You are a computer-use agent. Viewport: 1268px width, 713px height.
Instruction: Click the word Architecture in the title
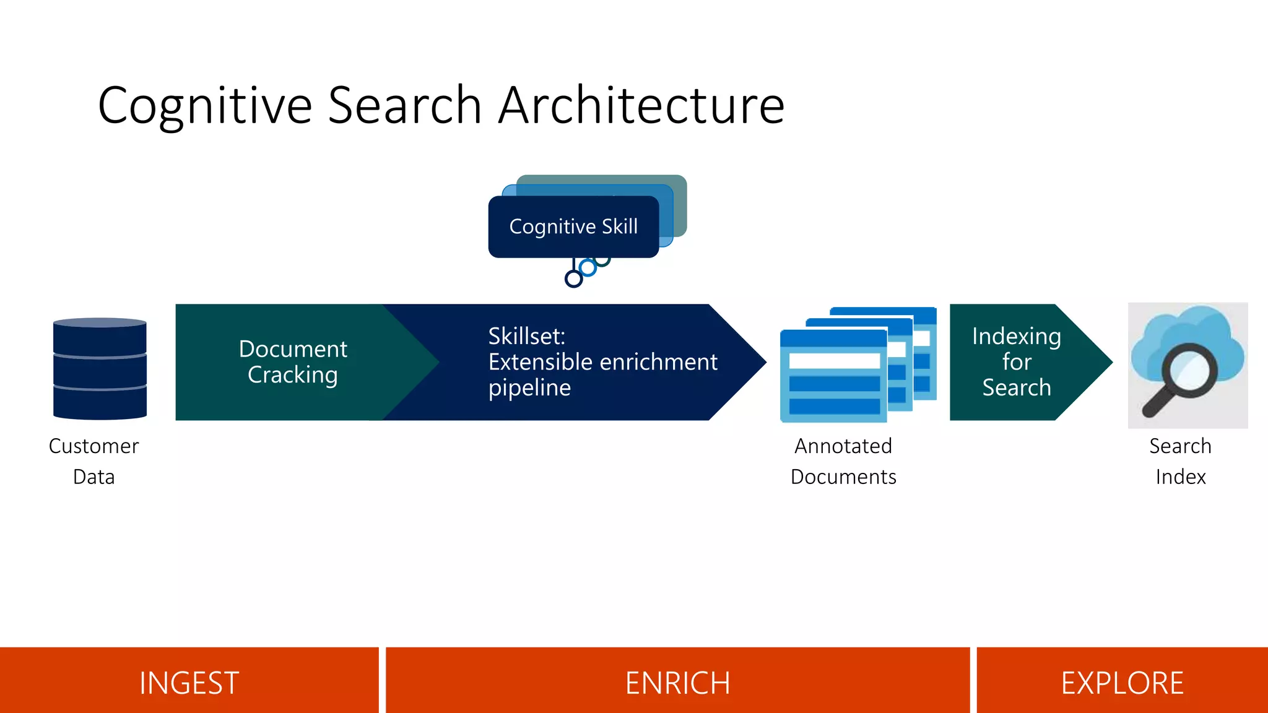point(641,105)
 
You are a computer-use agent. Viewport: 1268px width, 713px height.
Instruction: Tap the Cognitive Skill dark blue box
point(573,227)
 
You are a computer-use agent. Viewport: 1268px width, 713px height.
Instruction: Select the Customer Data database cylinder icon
point(100,369)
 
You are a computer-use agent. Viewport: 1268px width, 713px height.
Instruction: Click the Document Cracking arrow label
point(293,362)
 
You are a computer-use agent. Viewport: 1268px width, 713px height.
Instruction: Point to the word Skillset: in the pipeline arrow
point(527,336)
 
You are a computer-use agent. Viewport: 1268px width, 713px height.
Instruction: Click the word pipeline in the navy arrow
point(529,388)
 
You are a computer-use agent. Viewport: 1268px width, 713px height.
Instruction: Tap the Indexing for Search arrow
point(1017,362)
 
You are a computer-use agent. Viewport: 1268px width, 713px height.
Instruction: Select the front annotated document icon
point(833,376)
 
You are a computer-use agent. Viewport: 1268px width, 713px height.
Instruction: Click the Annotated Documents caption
point(843,461)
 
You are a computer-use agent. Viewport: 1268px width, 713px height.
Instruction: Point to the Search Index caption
point(1180,461)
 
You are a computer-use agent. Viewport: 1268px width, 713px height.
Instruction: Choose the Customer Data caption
point(93,461)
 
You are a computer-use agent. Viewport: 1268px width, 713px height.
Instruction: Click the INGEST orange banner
point(189,683)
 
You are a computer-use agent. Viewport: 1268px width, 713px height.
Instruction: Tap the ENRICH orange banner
point(677,683)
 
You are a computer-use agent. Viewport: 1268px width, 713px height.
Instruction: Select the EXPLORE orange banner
point(1122,683)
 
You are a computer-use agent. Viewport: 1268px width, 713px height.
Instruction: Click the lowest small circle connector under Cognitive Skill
point(574,279)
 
